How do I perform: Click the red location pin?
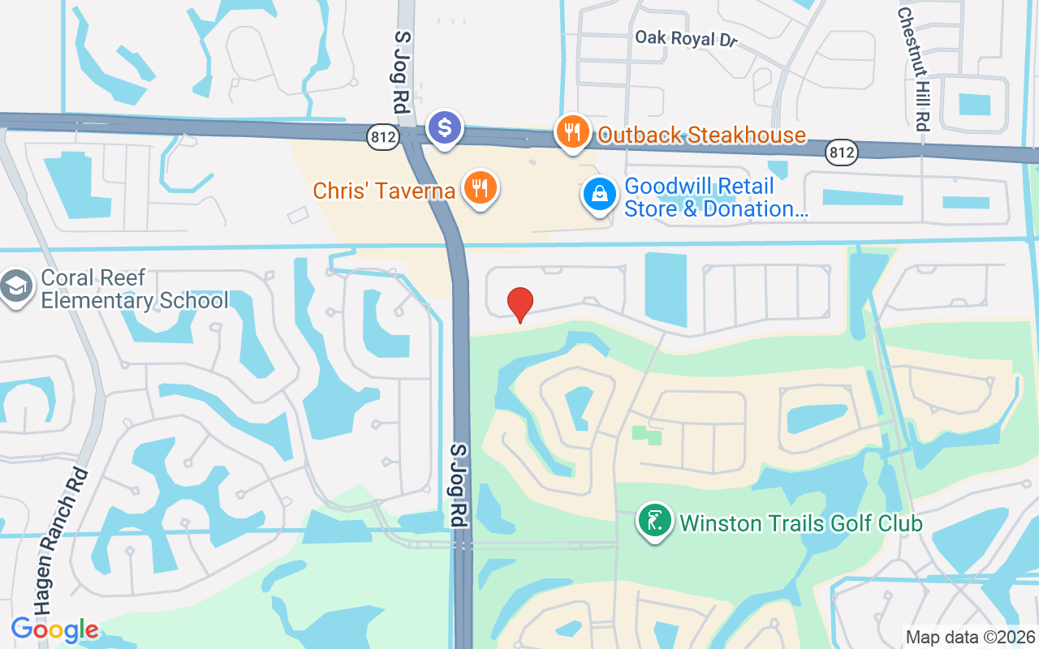click(519, 304)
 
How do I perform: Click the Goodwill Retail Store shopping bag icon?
click(599, 195)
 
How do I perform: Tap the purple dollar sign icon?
click(445, 127)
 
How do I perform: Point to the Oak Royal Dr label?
click(686, 38)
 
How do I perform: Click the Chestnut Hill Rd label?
click(913, 69)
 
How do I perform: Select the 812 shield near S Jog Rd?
click(382, 137)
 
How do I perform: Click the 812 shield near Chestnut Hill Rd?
click(843, 152)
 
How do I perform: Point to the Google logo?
click(54, 629)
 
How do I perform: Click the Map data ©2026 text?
click(970, 637)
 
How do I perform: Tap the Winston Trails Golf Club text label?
click(801, 523)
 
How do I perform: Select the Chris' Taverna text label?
click(383, 191)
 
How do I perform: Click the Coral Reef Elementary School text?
click(134, 289)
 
